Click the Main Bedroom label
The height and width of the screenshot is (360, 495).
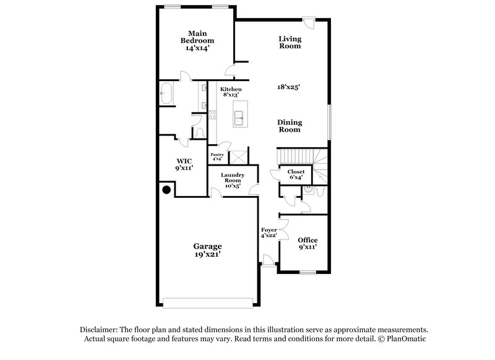[197, 41]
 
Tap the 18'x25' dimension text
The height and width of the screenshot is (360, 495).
[288, 88]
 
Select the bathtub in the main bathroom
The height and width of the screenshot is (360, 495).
[167, 93]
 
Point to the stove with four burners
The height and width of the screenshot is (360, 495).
[213, 114]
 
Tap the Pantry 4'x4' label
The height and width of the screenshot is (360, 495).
[217, 157]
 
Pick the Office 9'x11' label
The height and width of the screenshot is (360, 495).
[308, 243]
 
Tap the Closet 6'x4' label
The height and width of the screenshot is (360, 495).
[295, 175]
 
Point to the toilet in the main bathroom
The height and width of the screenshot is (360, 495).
[199, 132]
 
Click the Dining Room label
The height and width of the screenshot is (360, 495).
[288, 126]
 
